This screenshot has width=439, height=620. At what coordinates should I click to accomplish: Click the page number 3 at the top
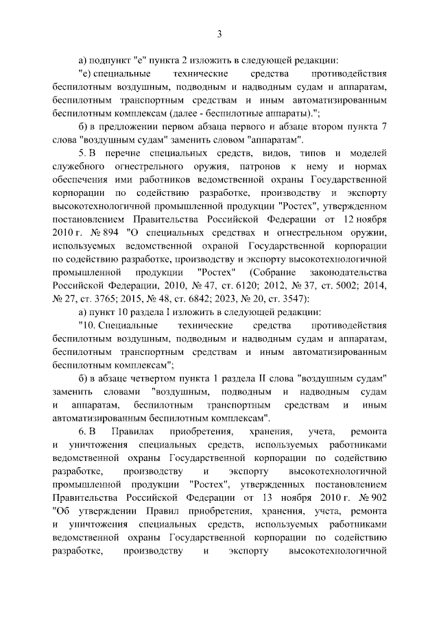point(219,35)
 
